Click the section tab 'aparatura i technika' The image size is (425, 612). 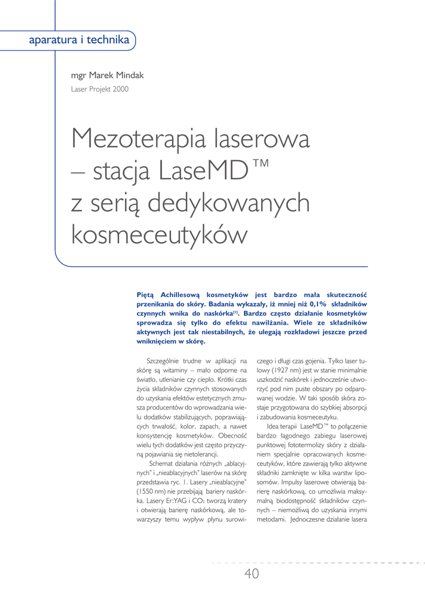(x=79, y=41)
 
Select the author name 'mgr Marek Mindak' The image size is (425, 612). (x=107, y=75)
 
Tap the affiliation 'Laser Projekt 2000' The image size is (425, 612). (x=99, y=89)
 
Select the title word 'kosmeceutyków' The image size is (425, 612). (x=158, y=234)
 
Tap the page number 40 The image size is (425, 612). (x=252, y=574)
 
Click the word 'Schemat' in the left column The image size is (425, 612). (x=161, y=463)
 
